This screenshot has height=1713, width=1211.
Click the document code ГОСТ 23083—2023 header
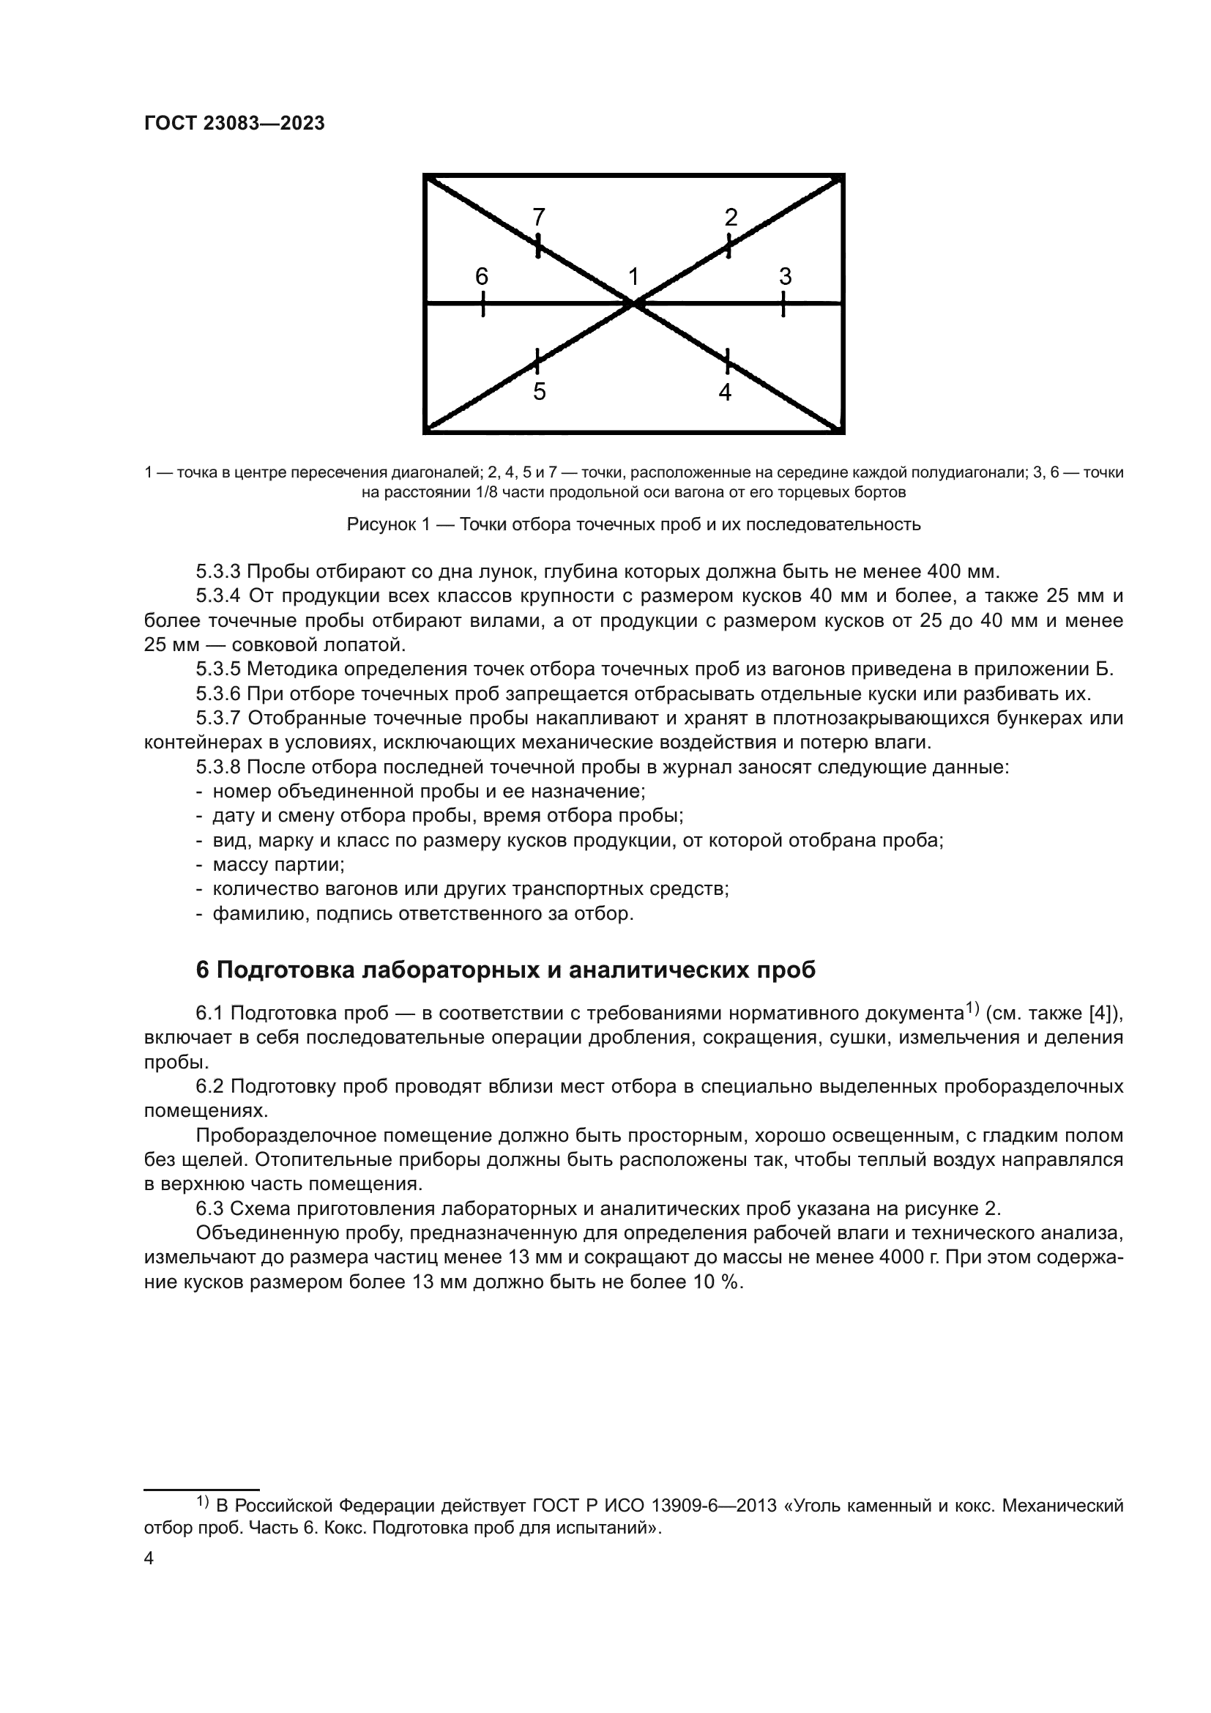(234, 124)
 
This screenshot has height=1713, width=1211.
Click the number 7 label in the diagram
(538, 217)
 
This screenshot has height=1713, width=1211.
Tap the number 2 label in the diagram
(731, 217)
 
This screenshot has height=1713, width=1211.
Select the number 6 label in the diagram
(482, 277)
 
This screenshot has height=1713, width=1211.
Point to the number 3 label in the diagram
(784, 277)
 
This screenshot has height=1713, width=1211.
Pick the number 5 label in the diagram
(539, 392)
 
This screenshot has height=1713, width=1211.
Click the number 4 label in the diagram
(725, 392)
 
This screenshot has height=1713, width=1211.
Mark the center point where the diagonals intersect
(634, 304)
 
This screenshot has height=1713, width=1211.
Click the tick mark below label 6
(483, 304)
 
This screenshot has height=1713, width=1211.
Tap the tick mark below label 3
(783, 304)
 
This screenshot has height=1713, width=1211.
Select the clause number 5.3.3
(217, 572)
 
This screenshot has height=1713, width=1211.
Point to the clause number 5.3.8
(217, 767)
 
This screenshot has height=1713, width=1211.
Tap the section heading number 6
(203, 970)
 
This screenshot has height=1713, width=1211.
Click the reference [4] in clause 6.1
(1101, 1013)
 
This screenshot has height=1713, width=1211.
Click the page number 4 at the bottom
(149, 1558)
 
